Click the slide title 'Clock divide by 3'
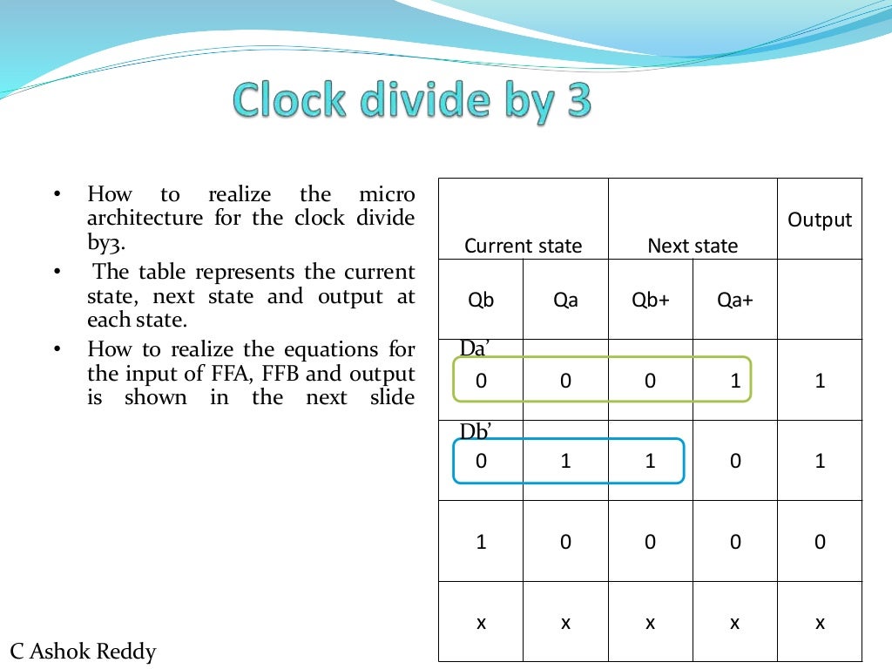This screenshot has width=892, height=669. click(x=412, y=102)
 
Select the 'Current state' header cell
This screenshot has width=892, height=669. click(x=523, y=246)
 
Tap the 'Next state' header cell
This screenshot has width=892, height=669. click(x=693, y=246)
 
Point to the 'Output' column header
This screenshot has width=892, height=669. click(x=820, y=220)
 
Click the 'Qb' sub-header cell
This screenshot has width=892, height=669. click(x=481, y=301)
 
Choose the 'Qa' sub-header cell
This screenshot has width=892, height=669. click(x=565, y=301)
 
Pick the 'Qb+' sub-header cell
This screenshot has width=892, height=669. click(x=650, y=301)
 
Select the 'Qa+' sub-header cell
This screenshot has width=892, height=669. click(x=735, y=301)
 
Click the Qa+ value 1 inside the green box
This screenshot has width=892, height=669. click(x=735, y=381)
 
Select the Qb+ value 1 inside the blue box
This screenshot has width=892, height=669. click(x=650, y=462)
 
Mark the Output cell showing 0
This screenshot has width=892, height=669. click(x=820, y=543)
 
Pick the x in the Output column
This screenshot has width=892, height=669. click(x=820, y=623)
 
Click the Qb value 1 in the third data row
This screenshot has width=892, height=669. click(x=481, y=543)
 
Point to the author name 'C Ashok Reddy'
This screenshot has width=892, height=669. click(x=83, y=651)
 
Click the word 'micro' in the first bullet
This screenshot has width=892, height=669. click(x=387, y=194)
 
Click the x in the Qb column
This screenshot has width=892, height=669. click(x=481, y=623)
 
